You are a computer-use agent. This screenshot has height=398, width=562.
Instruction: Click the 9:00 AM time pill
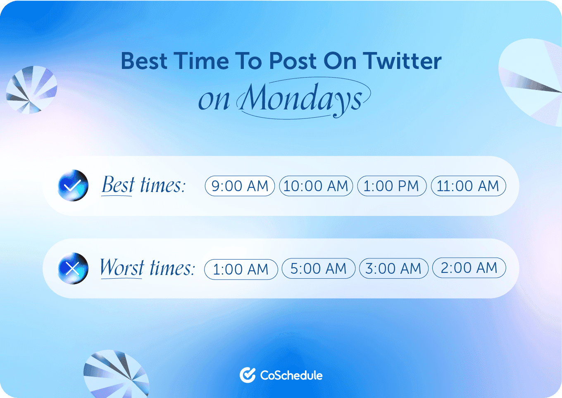(x=240, y=186)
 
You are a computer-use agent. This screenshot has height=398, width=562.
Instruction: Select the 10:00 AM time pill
(x=316, y=186)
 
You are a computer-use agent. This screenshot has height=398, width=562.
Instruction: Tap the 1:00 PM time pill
(x=391, y=186)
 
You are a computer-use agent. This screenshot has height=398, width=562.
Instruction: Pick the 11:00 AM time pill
(x=468, y=186)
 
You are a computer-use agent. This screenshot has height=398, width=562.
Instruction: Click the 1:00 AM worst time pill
(x=241, y=269)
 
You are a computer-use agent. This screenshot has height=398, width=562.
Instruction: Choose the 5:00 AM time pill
(x=318, y=268)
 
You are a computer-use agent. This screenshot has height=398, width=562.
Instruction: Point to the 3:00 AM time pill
(x=393, y=268)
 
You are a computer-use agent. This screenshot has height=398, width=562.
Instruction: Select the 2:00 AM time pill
(x=469, y=268)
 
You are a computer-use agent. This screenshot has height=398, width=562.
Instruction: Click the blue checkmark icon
(x=73, y=185)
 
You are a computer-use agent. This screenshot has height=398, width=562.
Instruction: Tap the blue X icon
(x=73, y=268)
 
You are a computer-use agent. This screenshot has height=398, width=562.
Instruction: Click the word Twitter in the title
(x=402, y=61)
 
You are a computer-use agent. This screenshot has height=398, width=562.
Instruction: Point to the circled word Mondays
(x=302, y=98)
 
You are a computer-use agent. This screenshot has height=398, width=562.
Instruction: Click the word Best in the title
(x=144, y=61)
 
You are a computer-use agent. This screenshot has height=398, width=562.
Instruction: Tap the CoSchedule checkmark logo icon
(x=248, y=375)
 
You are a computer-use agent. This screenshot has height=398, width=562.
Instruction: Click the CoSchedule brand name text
(x=291, y=375)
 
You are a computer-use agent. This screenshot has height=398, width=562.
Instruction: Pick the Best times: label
(x=143, y=185)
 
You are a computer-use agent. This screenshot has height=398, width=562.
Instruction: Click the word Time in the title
(x=201, y=61)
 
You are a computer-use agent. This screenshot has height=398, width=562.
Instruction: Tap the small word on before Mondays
(x=214, y=100)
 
